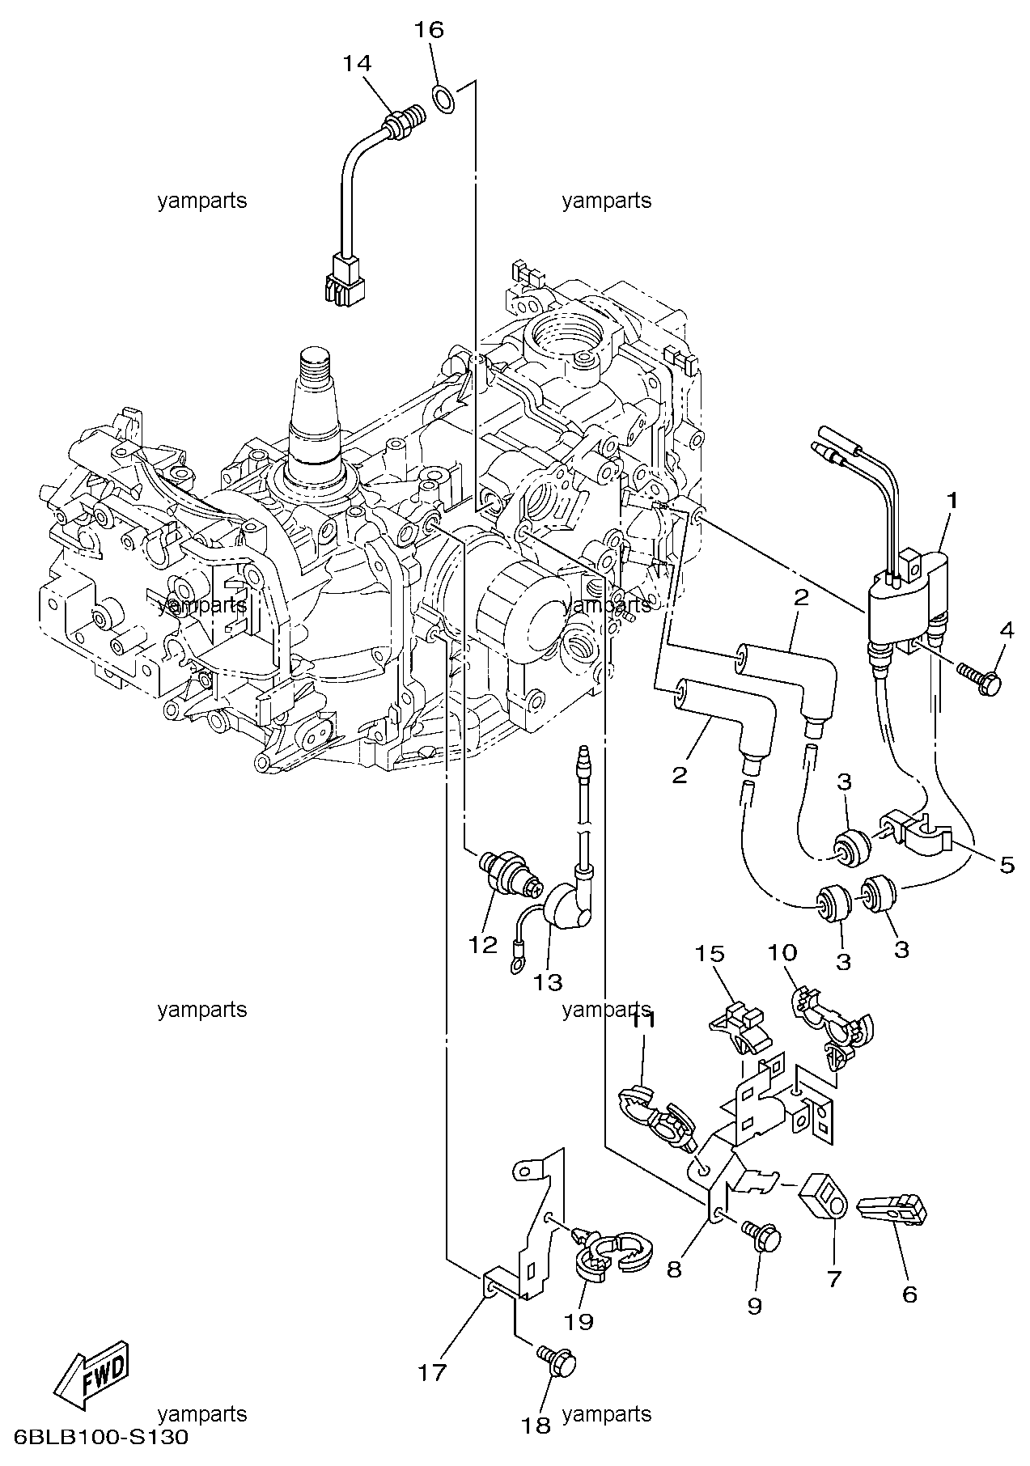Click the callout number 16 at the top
(430, 31)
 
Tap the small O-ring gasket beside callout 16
(443, 99)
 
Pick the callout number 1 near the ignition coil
(952, 501)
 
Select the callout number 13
(548, 982)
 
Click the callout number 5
(1006, 865)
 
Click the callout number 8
(673, 1269)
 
